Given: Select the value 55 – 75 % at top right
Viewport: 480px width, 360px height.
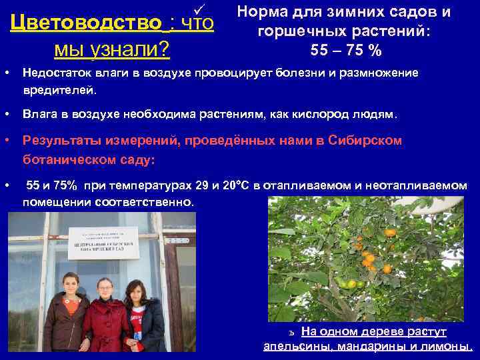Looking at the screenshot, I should (346, 50).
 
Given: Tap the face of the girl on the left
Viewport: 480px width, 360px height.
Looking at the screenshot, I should (70, 284).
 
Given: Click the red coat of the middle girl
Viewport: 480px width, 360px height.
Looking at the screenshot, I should (105, 327).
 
